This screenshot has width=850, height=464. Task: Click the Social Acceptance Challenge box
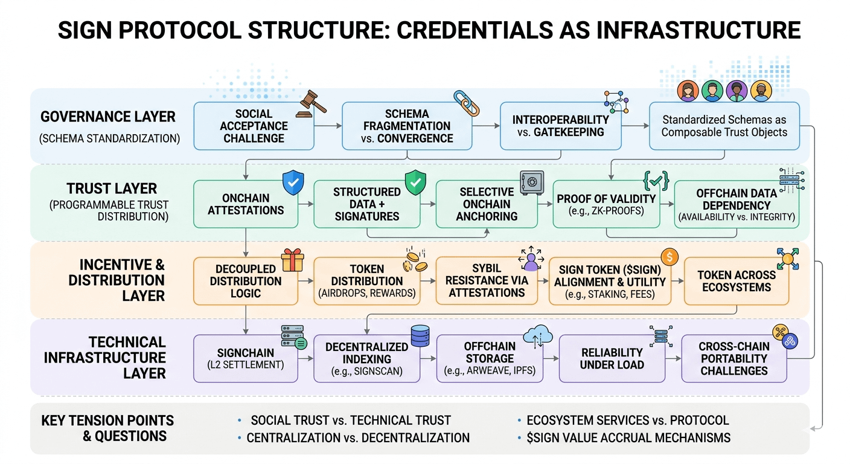(254, 126)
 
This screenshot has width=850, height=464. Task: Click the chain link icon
(466, 103)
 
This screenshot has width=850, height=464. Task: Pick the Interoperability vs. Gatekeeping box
(560, 126)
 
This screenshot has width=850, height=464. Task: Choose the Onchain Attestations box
(246, 204)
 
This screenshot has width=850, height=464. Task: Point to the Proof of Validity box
(606, 204)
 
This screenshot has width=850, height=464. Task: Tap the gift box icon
(291, 260)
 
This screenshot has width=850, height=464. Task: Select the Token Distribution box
(367, 281)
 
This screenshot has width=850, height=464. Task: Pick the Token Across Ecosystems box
(735, 281)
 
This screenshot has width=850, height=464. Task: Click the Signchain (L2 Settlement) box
(245, 358)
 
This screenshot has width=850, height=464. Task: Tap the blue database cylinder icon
(420, 336)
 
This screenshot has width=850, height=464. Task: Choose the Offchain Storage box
(490, 358)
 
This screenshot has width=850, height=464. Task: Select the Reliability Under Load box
(612, 358)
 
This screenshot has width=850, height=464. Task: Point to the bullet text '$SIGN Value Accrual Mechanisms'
(628, 437)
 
